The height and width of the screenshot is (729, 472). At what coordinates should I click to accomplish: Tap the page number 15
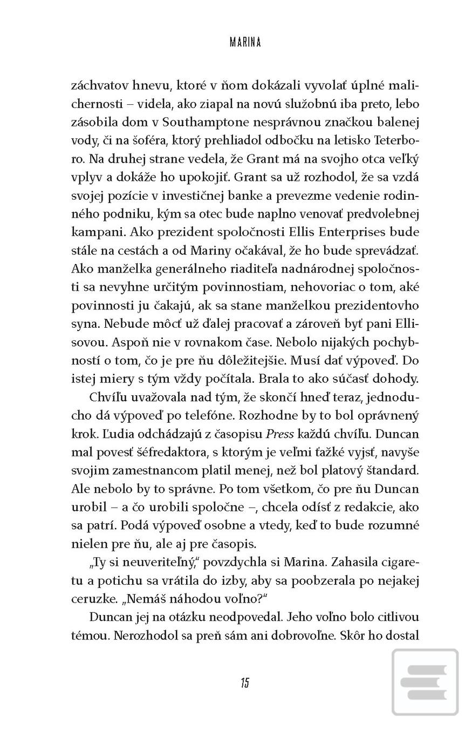(245, 683)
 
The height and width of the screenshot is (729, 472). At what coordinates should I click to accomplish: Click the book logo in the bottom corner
(425, 683)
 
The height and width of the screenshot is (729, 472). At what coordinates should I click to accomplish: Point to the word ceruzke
(95, 599)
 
